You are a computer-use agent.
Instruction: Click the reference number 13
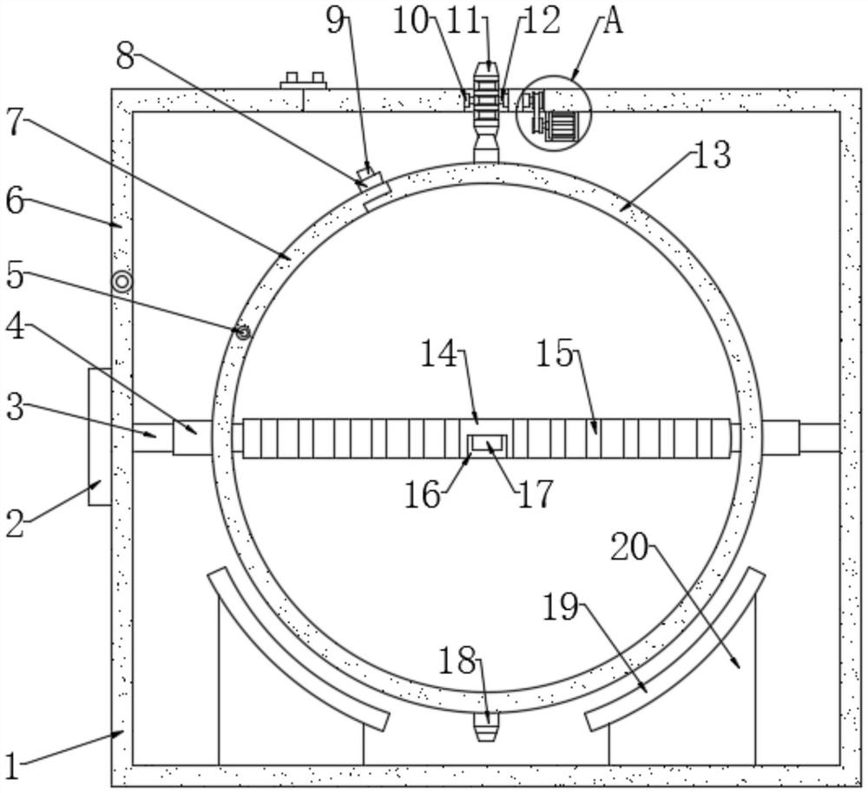(x=712, y=154)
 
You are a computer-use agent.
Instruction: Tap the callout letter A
(x=613, y=23)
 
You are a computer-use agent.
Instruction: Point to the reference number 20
(x=629, y=548)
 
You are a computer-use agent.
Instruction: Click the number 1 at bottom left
(x=11, y=767)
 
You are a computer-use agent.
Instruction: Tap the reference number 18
(x=457, y=660)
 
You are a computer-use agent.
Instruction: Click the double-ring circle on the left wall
(x=122, y=282)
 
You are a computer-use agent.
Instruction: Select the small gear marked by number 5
(x=243, y=332)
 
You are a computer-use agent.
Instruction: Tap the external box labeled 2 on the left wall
(x=100, y=436)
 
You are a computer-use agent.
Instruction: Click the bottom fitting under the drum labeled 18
(x=487, y=726)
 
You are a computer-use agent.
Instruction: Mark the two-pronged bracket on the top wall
(x=303, y=81)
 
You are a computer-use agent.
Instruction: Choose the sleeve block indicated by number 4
(x=193, y=438)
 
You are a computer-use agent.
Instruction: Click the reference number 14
(x=439, y=354)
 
